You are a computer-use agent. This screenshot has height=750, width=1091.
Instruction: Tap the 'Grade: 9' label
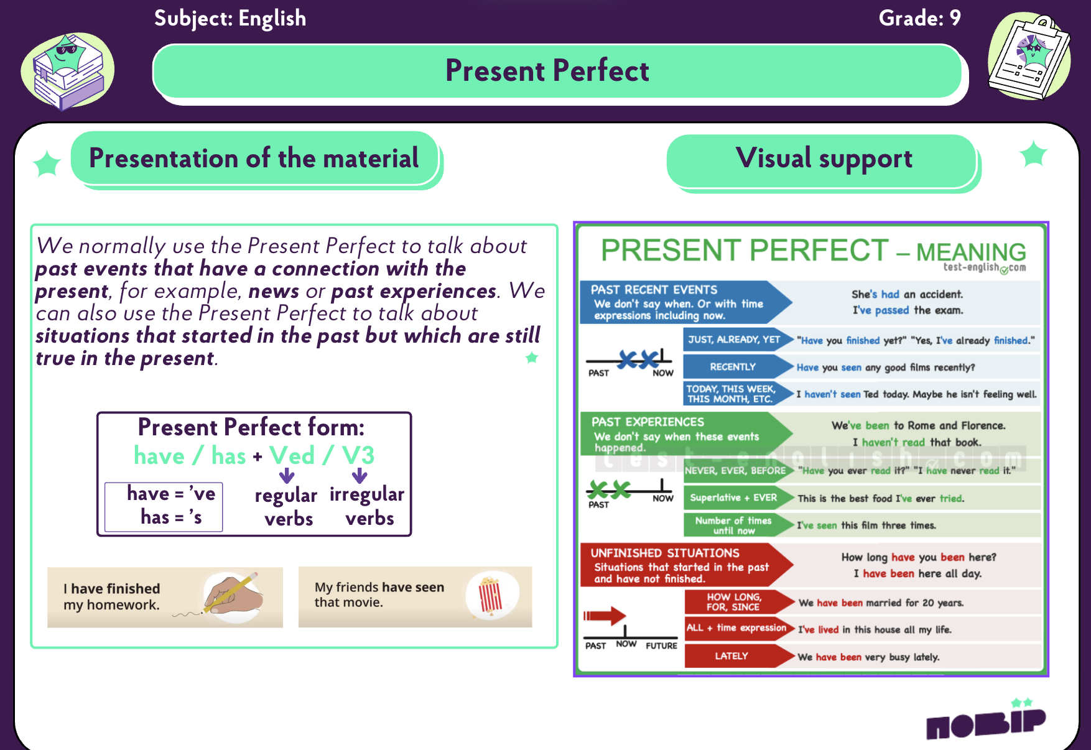[919, 18]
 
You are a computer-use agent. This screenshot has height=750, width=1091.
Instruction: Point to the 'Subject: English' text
[230, 19]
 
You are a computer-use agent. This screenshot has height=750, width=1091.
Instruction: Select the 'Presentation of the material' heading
[254, 158]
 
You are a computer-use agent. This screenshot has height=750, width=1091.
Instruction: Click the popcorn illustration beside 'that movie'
[491, 596]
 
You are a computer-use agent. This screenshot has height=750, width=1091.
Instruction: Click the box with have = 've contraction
[164, 506]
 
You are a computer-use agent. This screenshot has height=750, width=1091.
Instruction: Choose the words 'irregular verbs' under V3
[367, 506]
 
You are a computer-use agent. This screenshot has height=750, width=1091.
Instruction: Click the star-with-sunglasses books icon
[68, 71]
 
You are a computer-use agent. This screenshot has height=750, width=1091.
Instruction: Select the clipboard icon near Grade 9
[1029, 56]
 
